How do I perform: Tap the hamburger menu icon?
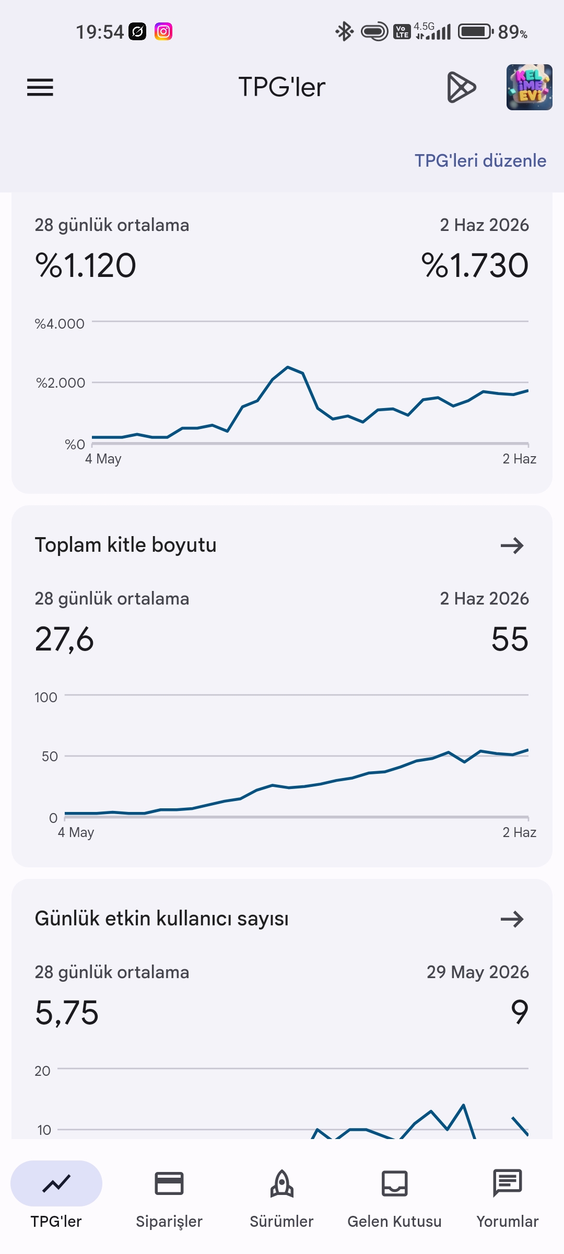[x=40, y=87]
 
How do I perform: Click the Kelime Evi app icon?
[x=529, y=87]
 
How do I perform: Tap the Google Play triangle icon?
[x=462, y=87]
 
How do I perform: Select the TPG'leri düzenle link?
[x=480, y=160]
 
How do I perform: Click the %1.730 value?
[x=475, y=265]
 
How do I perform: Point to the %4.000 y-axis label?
[x=60, y=324]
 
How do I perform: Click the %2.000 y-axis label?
[x=61, y=383]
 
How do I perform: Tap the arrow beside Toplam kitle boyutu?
[x=512, y=545]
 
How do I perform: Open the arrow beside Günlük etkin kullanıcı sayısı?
[x=512, y=919]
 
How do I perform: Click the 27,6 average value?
[x=64, y=639]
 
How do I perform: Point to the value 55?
[x=510, y=639]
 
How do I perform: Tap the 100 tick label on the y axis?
[x=46, y=698]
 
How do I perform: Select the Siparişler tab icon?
[x=169, y=1183]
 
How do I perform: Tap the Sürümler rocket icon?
[x=282, y=1183]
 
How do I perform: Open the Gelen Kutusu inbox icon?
[x=395, y=1183]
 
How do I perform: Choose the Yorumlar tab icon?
[x=508, y=1183]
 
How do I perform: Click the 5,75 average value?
[x=67, y=1013]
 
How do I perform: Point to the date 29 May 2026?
[x=478, y=972]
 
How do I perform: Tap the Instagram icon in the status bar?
[x=163, y=32]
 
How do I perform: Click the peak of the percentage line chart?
[x=288, y=367]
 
